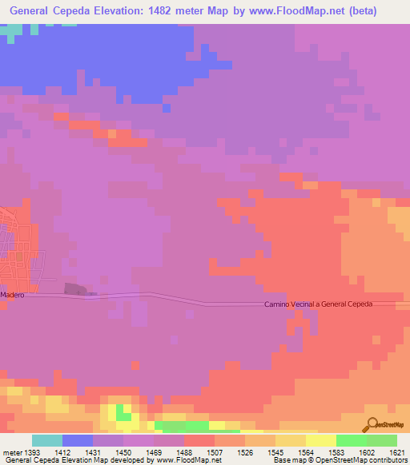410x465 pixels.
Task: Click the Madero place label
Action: pos(13,295)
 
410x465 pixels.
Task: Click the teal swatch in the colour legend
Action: pos(47,440)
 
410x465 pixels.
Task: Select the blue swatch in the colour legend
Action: pos(78,440)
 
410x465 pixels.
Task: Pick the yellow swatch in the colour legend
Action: pos(321,440)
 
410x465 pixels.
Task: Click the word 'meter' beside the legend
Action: pos(11,452)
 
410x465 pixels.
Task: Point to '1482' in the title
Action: pos(161,11)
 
